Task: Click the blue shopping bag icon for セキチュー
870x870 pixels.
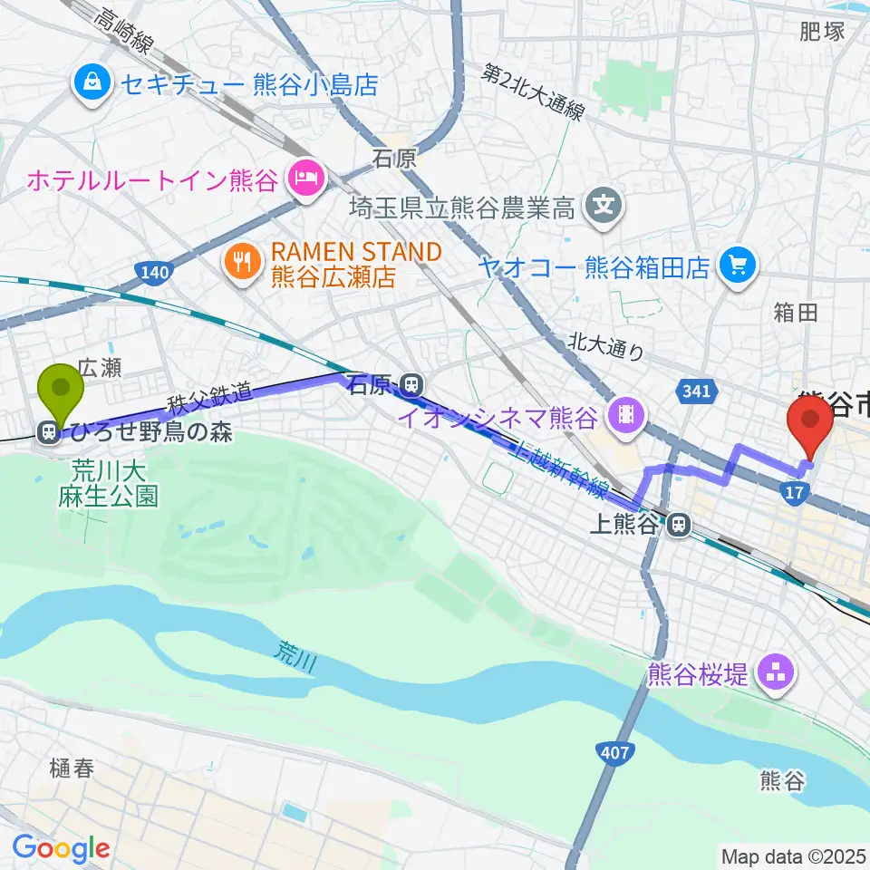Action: tap(94, 84)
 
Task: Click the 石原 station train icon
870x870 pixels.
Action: tap(411, 386)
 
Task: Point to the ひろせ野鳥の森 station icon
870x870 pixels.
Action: tap(47, 433)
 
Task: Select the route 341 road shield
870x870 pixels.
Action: tap(696, 391)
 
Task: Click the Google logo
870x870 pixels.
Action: tap(61, 848)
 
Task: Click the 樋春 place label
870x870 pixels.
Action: tap(72, 768)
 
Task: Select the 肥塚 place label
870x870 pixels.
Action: tap(822, 32)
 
